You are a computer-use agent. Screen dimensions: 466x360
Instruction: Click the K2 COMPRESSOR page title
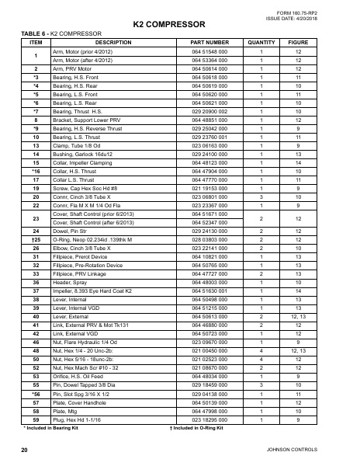179,24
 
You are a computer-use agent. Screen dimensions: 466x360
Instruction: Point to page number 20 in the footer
25,450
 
